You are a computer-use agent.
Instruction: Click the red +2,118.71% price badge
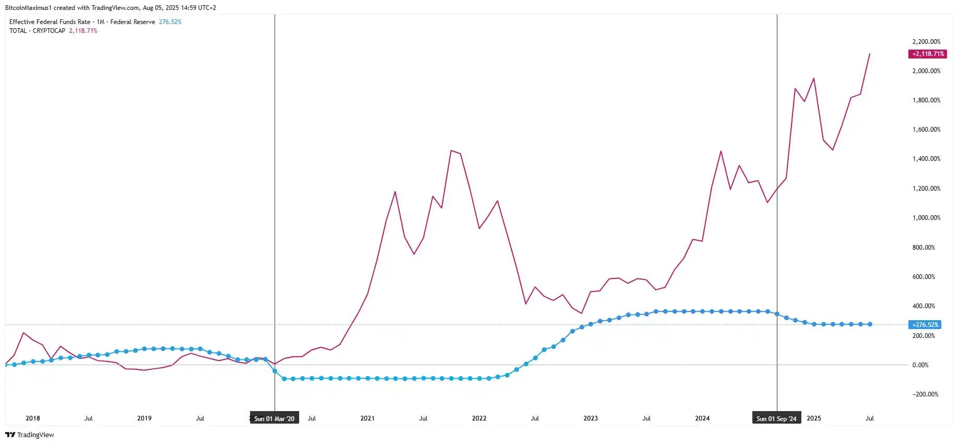[x=928, y=54]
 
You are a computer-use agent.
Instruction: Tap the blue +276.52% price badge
[x=925, y=324]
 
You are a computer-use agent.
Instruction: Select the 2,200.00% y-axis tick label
[x=926, y=42]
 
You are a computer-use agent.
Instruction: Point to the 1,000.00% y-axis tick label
[x=926, y=218]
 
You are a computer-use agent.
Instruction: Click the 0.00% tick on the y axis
[x=920, y=365]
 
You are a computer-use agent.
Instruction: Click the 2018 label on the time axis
[x=33, y=418]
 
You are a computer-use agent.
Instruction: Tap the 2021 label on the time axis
[x=368, y=418]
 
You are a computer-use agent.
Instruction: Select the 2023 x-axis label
[x=590, y=418]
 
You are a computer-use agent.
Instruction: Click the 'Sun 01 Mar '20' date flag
[x=274, y=418]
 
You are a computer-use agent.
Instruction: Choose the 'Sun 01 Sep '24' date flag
[x=776, y=418]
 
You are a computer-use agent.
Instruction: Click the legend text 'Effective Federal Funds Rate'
[x=50, y=22]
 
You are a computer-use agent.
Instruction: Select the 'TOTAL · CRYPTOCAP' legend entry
[x=37, y=31]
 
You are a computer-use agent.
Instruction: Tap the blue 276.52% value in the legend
[x=170, y=22]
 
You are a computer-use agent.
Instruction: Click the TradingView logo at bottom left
[x=30, y=435]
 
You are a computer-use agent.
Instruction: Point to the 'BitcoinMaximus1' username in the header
[x=28, y=8]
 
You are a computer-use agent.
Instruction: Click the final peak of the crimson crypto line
[x=869, y=54]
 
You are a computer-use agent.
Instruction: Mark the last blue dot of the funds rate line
[x=870, y=324]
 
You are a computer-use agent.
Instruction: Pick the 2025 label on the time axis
[x=814, y=418]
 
